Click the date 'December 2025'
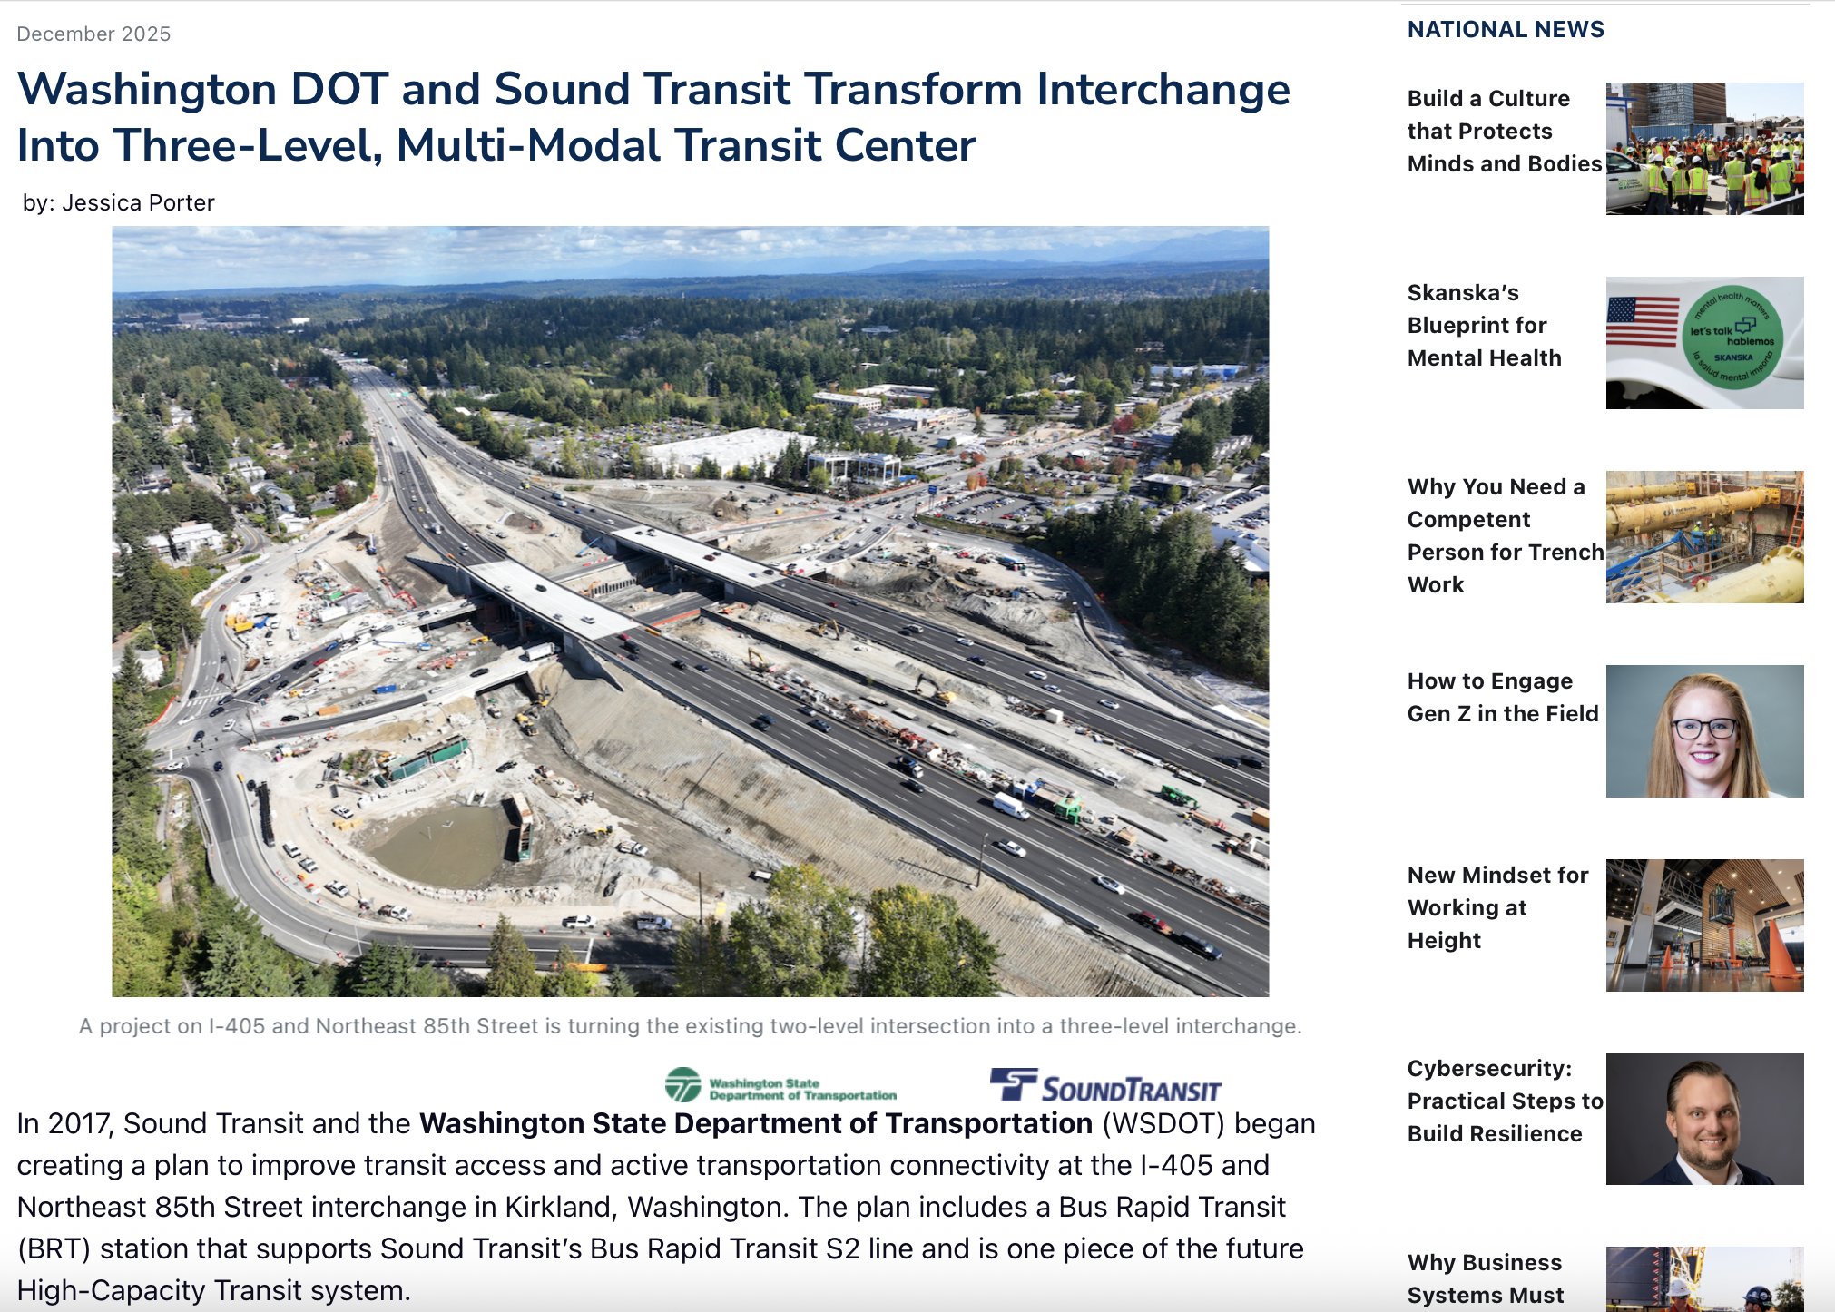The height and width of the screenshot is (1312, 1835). (x=93, y=34)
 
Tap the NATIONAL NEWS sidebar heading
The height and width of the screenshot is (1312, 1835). (x=1506, y=29)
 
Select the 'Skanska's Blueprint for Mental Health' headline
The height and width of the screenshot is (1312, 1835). (x=1485, y=325)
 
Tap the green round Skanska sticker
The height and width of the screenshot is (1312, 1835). (x=1732, y=338)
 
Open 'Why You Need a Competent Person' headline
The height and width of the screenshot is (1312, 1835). (x=1506, y=535)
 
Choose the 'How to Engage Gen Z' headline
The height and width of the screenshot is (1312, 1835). (x=1503, y=697)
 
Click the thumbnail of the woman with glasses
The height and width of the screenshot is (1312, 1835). (x=1705, y=731)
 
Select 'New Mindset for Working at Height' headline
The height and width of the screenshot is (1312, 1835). (x=1498, y=907)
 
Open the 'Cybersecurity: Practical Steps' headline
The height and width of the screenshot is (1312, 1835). (x=1506, y=1101)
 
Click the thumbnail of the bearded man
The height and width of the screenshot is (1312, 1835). (x=1705, y=1119)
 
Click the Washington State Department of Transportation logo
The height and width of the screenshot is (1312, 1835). (x=780, y=1085)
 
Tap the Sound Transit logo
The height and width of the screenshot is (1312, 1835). (x=1105, y=1086)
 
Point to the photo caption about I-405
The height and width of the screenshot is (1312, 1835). (x=691, y=1026)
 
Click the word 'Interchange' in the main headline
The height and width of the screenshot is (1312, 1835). (x=1163, y=90)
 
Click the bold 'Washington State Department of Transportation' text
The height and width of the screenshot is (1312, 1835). (x=756, y=1123)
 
